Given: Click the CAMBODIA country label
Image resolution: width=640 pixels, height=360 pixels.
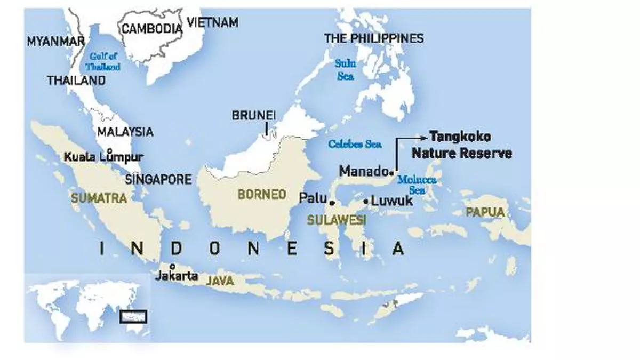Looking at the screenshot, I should [152, 29].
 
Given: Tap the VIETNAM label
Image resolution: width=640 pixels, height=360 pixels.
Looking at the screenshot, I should [212, 22].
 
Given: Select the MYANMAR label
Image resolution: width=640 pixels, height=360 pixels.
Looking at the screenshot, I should [56, 41].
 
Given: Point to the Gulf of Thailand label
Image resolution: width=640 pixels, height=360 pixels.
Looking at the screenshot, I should [105, 62].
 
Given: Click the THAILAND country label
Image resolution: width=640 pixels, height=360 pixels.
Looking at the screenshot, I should [76, 81].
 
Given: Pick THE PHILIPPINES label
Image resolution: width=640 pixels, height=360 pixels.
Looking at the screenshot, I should [374, 38].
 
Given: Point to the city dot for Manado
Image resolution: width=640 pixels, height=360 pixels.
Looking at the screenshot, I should [391, 172].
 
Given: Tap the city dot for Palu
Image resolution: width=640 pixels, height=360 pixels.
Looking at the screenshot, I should [332, 203].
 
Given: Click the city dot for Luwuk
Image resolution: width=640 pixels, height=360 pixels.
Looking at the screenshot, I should [365, 202].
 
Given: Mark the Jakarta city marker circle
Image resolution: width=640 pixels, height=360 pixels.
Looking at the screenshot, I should [172, 266].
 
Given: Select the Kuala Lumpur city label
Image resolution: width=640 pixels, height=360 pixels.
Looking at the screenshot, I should [103, 157].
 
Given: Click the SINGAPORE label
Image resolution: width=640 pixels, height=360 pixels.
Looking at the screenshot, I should [157, 180].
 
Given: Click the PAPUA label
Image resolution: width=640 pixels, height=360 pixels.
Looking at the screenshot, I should [485, 212].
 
